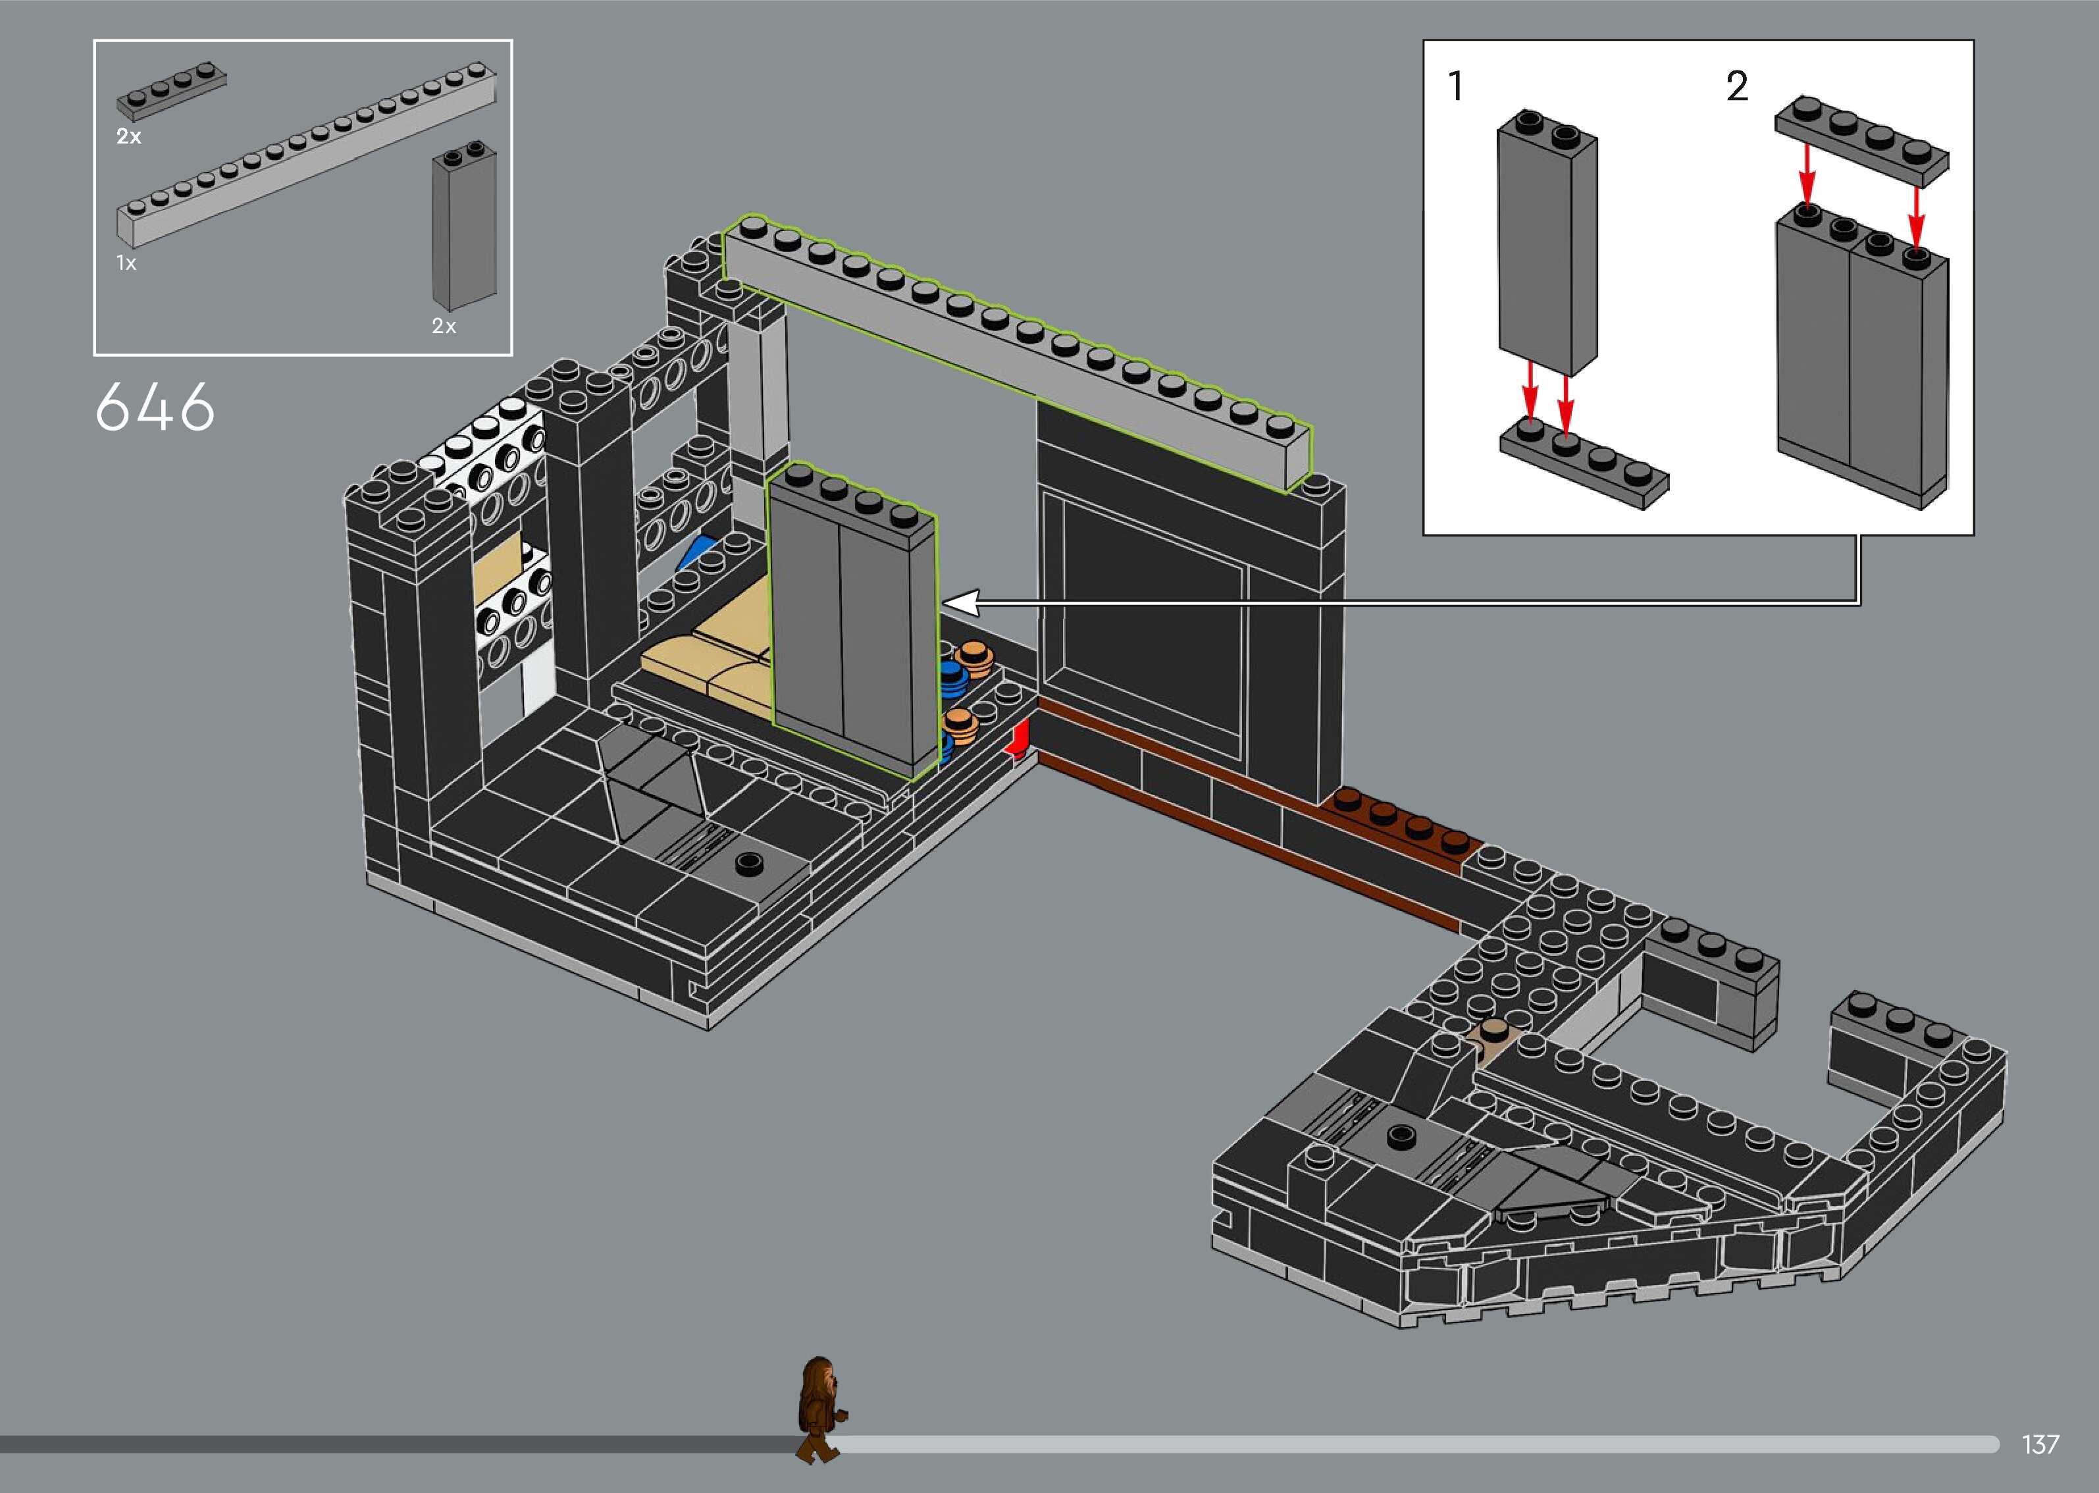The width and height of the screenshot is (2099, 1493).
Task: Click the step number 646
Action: [155, 407]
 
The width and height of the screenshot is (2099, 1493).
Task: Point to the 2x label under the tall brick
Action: [444, 325]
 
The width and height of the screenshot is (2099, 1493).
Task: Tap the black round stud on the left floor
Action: [750, 862]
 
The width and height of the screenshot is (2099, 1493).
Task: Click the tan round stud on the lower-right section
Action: [1494, 1029]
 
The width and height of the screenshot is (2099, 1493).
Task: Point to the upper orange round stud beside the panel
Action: [972, 656]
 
